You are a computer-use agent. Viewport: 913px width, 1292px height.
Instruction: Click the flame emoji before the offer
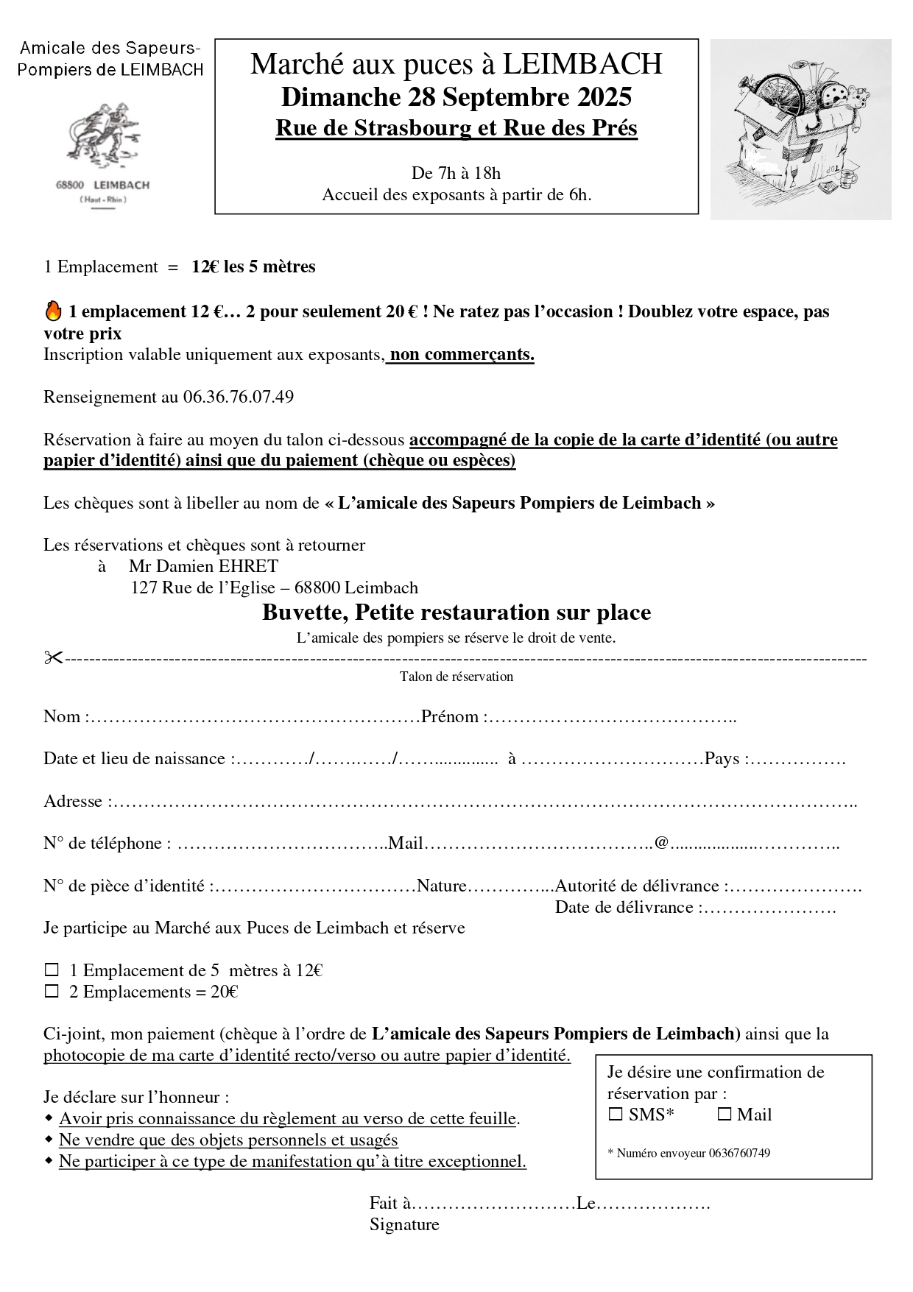tap(53, 311)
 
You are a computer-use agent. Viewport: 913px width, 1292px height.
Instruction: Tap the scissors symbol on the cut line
tap(53, 657)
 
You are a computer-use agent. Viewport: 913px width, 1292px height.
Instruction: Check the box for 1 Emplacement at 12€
tap(52, 970)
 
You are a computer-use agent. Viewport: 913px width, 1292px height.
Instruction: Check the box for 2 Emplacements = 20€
tap(52, 992)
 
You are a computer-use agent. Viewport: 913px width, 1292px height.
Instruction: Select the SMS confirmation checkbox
tap(616, 1115)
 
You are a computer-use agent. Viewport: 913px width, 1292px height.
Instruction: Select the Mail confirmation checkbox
tap(725, 1115)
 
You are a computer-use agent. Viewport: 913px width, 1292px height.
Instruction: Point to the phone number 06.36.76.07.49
tap(239, 398)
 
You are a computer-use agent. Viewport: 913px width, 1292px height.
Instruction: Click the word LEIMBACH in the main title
tap(582, 65)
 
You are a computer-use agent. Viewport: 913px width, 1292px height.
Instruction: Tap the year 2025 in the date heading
tap(604, 97)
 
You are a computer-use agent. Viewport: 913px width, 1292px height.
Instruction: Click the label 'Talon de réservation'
tap(456, 677)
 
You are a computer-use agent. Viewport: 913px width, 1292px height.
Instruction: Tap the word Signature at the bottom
tap(404, 1224)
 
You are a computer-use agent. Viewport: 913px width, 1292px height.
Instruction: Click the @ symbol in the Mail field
tap(661, 843)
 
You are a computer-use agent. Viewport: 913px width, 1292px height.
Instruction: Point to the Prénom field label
tap(450, 717)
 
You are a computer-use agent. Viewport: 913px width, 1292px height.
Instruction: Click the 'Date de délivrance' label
tap(624, 908)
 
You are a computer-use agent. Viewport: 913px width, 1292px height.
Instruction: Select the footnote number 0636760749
tap(739, 1153)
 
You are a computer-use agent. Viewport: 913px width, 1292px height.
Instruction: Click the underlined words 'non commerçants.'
tap(462, 355)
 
